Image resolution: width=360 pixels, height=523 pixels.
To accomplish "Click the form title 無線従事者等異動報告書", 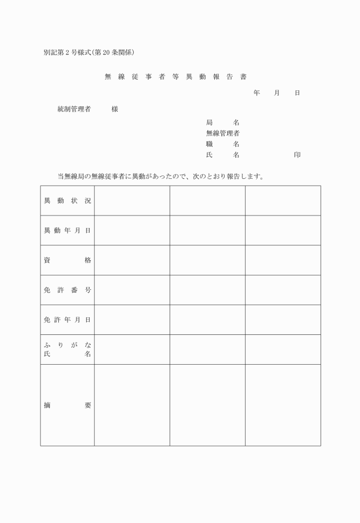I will tap(175, 77).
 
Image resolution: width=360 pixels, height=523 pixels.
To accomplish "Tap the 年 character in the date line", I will tap(257, 93).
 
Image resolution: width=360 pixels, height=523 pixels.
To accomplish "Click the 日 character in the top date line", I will tap(297, 93).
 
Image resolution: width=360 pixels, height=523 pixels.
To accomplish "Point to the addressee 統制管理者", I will tap(74, 109).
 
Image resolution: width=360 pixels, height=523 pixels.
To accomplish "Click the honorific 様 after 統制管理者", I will tap(115, 109).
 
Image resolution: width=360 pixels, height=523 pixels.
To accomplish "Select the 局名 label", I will tap(222, 122).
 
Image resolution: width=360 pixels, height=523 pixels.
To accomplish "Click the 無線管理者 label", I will tap(222, 133).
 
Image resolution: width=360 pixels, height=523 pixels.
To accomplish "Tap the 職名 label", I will tap(222, 144).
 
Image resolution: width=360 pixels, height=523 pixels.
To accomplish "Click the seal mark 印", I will tap(297, 155).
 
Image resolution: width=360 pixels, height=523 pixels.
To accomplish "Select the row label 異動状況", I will tap(67, 201).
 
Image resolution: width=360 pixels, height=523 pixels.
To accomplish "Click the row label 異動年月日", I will tap(67, 230).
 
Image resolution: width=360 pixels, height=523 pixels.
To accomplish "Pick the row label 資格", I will tap(67, 260).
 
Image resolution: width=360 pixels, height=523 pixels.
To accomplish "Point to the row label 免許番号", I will tap(67, 290).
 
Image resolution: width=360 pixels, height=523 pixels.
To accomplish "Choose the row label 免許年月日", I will tap(67, 320).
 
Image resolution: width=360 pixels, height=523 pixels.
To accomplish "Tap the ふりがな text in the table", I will tap(67, 344).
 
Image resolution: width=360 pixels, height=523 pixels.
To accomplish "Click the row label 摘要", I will tap(67, 405).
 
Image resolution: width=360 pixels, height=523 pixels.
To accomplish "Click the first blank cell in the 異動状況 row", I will tap(132, 201).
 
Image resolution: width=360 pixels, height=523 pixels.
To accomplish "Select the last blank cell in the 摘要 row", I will tap(283, 405).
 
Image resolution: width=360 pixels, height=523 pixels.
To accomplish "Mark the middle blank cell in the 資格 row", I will tap(207, 260).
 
